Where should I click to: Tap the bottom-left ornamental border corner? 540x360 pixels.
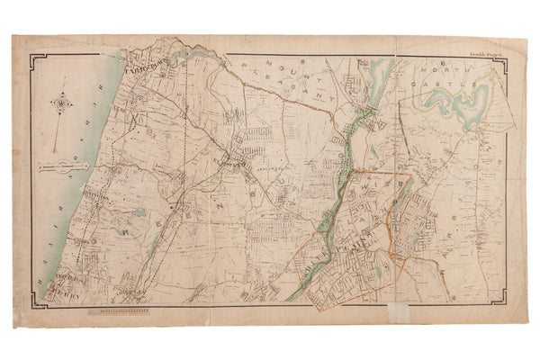click(x=33, y=294)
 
